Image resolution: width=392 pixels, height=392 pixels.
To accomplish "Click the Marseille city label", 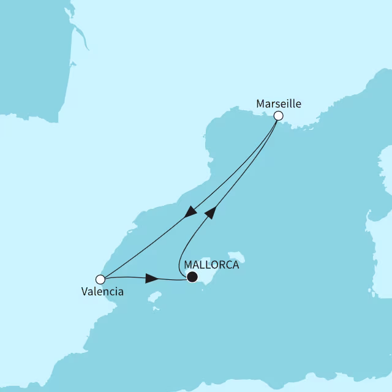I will tap(279, 103).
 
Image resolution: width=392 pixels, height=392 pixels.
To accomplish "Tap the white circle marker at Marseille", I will tap(278, 115).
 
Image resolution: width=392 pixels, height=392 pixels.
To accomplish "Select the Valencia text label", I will tap(102, 292).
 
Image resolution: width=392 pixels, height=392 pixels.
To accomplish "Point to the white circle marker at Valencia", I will tap(100, 279).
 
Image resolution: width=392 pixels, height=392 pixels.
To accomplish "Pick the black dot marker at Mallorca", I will tap(192, 277).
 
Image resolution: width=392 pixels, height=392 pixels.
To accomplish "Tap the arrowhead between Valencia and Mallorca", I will tap(152, 279).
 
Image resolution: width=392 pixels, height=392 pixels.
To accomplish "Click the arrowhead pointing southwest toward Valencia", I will tap(191, 212).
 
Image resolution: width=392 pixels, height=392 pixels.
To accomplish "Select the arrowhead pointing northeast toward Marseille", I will tap(209, 212).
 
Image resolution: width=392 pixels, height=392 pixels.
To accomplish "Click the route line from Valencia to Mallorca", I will tap(129, 277).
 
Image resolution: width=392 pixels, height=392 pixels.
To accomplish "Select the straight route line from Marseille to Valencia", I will tap(147, 245).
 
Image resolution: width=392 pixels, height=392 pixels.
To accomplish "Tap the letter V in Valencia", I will tap(85, 292).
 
